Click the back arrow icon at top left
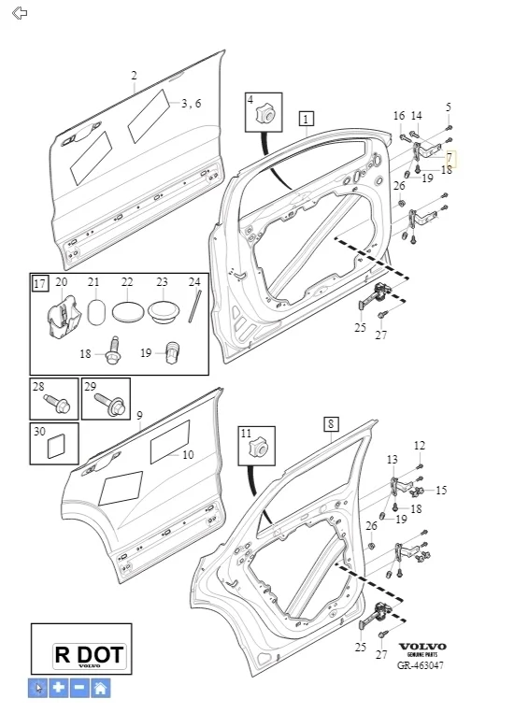pyautogui.click(x=20, y=13)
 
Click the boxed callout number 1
pyautogui.click(x=307, y=119)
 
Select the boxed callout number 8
pyautogui.click(x=331, y=424)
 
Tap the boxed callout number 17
pyautogui.click(x=40, y=284)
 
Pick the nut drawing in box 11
pyautogui.click(x=258, y=448)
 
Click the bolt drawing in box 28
pyautogui.click(x=57, y=404)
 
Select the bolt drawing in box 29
pyautogui.click(x=110, y=405)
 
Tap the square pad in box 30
pyautogui.click(x=56, y=447)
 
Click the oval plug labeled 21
pyautogui.click(x=96, y=312)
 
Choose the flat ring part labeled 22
pyautogui.click(x=128, y=312)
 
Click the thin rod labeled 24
pyautogui.click(x=194, y=307)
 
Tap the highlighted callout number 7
pyautogui.click(x=450, y=159)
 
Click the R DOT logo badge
pyautogui.click(x=89, y=656)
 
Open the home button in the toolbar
pyautogui.click(x=100, y=687)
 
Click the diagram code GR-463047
pyautogui.click(x=421, y=665)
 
